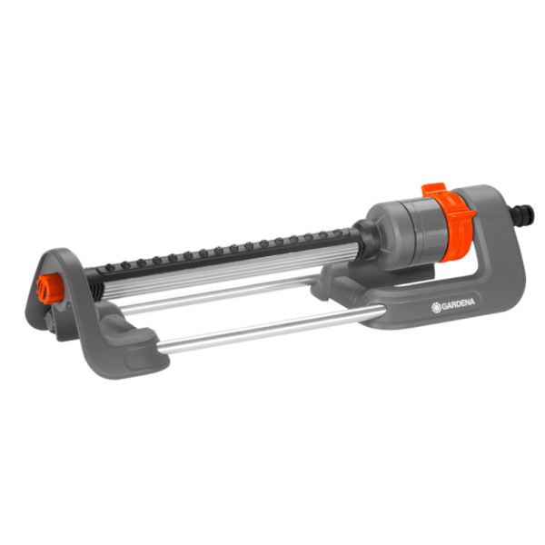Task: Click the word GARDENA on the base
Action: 458,303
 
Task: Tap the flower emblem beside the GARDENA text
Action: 436,307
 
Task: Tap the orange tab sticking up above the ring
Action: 433,190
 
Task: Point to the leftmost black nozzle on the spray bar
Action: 110,267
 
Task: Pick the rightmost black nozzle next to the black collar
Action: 336,233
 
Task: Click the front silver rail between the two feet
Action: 271,328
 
